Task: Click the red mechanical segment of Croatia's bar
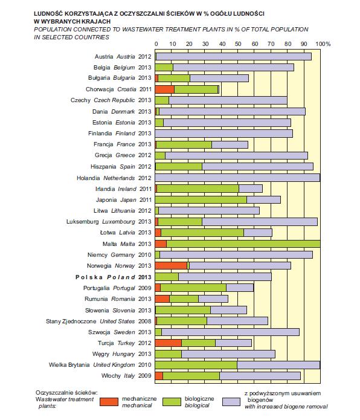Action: click(x=165, y=89)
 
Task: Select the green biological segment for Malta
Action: click(x=243, y=244)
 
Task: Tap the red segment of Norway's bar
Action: click(x=171, y=266)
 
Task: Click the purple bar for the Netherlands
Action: click(x=237, y=178)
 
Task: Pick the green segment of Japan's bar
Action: click(x=201, y=200)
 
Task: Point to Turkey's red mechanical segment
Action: click(x=169, y=343)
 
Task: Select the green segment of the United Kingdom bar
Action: click(x=196, y=365)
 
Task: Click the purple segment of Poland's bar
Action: click(x=225, y=277)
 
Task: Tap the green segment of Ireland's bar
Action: click(x=198, y=189)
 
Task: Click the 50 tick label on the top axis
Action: click(x=238, y=44)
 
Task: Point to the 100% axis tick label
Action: click(x=323, y=44)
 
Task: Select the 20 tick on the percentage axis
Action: click(x=189, y=44)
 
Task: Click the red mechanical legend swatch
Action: click(x=109, y=402)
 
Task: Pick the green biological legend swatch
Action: click(x=172, y=402)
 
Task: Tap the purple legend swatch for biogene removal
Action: click(x=231, y=402)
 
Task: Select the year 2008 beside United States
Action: click(x=145, y=321)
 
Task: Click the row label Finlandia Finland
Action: click(x=112, y=134)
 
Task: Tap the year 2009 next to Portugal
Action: click(x=145, y=288)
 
